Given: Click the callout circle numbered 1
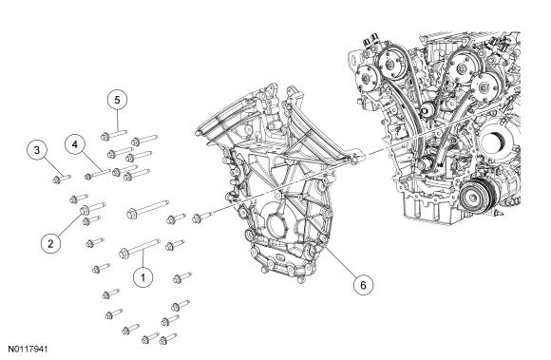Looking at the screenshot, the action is (143, 277).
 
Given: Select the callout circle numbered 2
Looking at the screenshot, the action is (50, 243).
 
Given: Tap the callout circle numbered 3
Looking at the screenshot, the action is (37, 150).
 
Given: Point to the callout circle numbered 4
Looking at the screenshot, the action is (75, 144).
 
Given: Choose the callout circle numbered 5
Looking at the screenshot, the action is (117, 100).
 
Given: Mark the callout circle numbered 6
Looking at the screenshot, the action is (363, 285).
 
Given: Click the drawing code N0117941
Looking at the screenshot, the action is (28, 350).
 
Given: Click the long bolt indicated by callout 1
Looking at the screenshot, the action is (140, 248).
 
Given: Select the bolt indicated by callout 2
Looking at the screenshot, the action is (93, 208).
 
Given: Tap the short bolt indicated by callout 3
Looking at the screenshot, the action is (62, 179).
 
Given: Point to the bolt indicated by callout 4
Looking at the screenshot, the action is (98, 174).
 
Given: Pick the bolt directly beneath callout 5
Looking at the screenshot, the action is (113, 135).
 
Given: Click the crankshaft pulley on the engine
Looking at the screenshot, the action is (478, 197).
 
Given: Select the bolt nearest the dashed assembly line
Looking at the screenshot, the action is (201, 218).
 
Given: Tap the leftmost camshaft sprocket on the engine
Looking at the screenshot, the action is (368, 78).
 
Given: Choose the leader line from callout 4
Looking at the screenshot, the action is (90, 161).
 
